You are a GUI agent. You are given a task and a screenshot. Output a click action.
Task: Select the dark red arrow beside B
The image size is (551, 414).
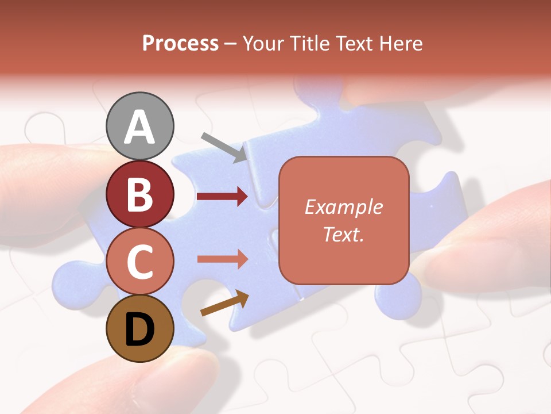pyautogui.click(x=222, y=197)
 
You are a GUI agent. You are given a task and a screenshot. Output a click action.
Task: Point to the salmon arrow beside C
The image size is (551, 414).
pyautogui.click(x=222, y=259)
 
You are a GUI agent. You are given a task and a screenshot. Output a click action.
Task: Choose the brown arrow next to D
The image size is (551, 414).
pyautogui.click(x=224, y=304)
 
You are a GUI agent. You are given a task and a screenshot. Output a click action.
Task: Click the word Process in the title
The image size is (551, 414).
pyautogui.click(x=180, y=43)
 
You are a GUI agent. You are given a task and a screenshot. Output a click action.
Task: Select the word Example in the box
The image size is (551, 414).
pyautogui.click(x=343, y=207)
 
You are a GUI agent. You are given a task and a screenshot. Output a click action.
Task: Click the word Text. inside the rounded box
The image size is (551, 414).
pyautogui.click(x=343, y=234)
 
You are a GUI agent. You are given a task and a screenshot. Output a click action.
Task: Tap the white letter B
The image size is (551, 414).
pyautogui.click(x=140, y=194)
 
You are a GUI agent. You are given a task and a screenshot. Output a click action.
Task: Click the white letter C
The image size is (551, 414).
pyautogui.click(x=140, y=262)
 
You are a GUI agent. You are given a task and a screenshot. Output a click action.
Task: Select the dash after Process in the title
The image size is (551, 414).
pyautogui.click(x=231, y=44)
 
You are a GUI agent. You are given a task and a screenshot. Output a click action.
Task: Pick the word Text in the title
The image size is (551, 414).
pyautogui.click(x=351, y=43)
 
